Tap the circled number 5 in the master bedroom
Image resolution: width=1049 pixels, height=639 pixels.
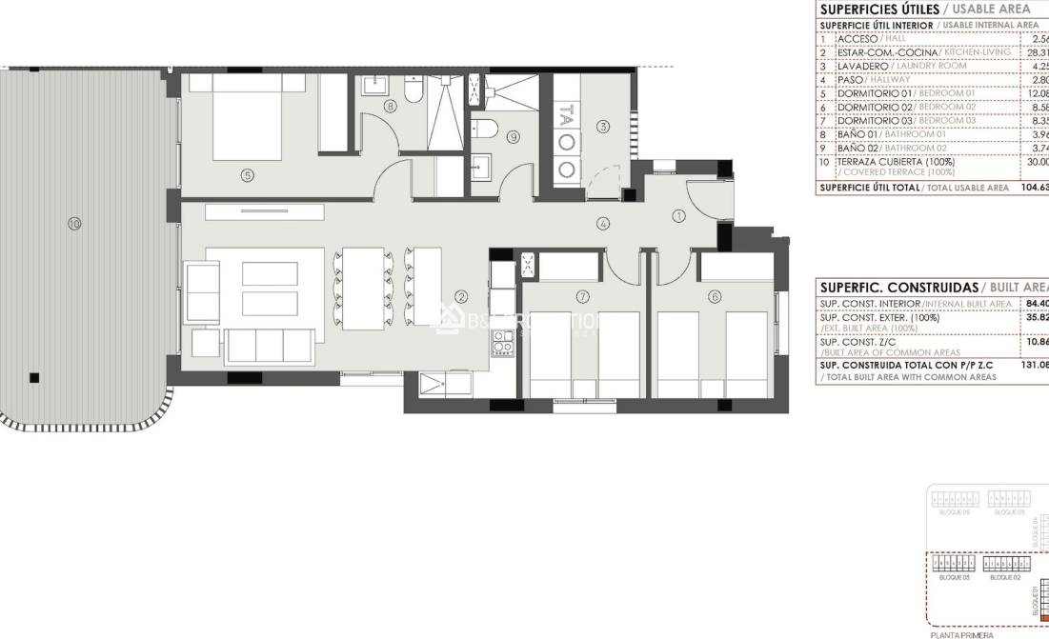(247, 174)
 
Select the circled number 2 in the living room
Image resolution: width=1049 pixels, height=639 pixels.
(460, 296)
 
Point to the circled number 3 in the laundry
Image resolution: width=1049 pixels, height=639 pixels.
(603, 126)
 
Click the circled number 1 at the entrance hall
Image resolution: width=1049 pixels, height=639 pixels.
(678, 216)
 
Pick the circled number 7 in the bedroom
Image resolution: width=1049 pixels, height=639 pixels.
(582, 296)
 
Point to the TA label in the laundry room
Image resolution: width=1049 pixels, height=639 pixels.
(566, 116)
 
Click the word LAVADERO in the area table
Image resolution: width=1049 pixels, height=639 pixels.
(862, 66)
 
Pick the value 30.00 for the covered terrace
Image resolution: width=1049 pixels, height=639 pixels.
(1035, 162)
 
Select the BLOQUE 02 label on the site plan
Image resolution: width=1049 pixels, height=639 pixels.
(1004, 577)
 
